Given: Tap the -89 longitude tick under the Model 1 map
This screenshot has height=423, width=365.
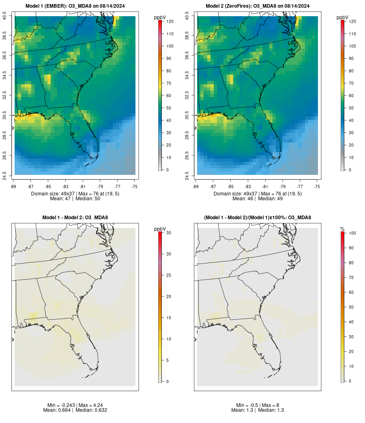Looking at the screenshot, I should [x=15, y=187].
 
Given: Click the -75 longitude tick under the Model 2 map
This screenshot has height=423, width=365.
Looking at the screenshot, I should [x=317, y=187].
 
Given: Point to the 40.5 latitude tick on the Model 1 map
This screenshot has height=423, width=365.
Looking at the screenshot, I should [x=5, y=16].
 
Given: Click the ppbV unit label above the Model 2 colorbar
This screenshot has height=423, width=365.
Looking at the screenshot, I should [x=343, y=17].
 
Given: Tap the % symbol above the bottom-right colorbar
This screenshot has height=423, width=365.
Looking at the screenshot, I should [x=342, y=230].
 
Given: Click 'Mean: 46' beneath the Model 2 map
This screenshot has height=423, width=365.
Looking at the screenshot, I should [x=243, y=199].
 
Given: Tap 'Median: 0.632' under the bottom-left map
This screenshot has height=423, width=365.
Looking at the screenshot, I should [x=91, y=410].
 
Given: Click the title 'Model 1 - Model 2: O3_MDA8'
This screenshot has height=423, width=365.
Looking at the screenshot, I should [x=75, y=218].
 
